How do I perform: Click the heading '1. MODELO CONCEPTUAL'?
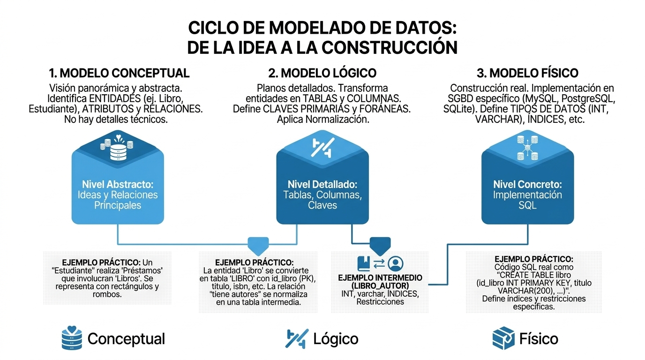(x=119, y=73)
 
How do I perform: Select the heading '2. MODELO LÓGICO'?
(x=322, y=73)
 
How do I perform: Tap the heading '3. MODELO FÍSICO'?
(x=528, y=73)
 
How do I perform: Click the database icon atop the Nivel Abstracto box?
(x=117, y=149)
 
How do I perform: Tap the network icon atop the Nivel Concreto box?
(x=527, y=146)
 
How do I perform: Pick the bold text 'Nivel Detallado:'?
(x=322, y=184)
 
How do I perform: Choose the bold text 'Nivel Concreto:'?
(x=527, y=184)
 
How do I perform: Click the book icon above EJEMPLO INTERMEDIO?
(x=364, y=263)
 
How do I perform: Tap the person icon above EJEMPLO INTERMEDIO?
(x=396, y=263)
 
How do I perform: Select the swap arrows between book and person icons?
(x=380, y=263)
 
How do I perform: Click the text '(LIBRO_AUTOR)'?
(x=380, y=285)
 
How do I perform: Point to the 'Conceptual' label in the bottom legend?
(x=126, y=338)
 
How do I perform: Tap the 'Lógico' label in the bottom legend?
(x=335, y=338)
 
